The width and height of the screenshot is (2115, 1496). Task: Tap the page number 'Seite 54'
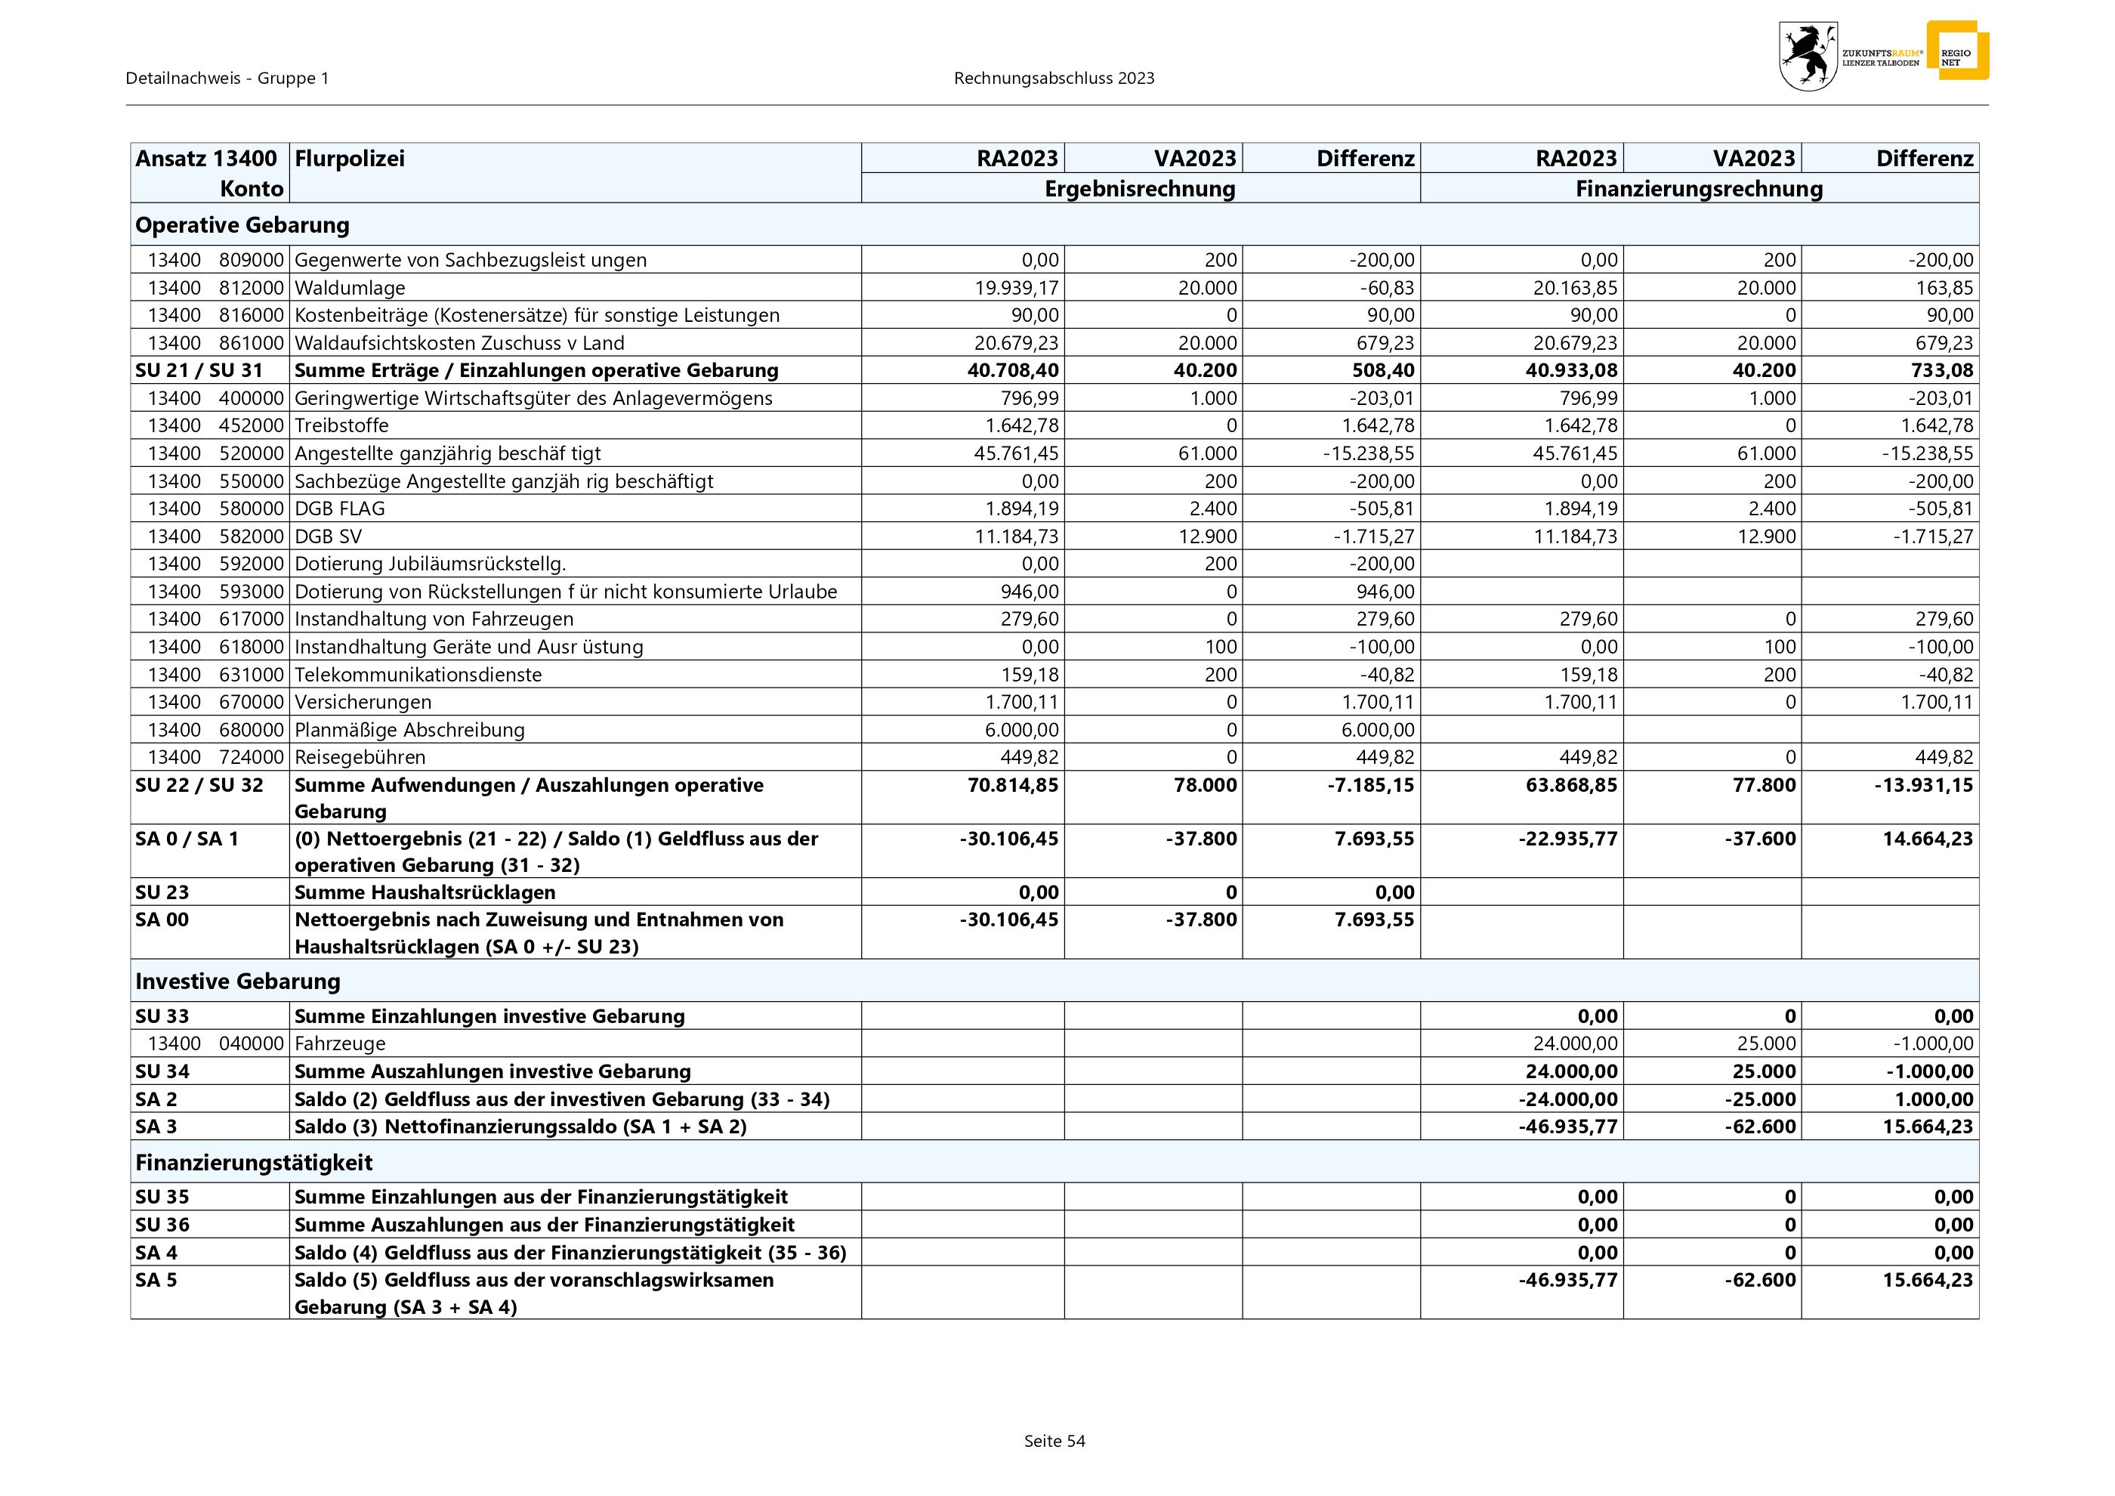click(x=1054, y=1441)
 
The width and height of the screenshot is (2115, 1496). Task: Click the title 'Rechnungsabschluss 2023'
click(x=1054, y=79)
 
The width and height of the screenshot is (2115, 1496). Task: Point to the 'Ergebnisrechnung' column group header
click(x=1140, y=189)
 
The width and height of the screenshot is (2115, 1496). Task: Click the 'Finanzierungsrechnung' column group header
click(x=1699, y=189)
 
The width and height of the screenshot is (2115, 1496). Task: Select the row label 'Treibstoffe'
click(x=341, y=425)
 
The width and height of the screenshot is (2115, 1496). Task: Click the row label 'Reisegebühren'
click(x=360, y=757)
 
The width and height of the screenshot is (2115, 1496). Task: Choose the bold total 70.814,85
click(x=1011, y=785)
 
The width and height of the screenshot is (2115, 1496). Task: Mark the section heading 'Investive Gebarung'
click(x=238, y=981)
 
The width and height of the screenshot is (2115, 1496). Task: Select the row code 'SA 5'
click(x=156, y=1281)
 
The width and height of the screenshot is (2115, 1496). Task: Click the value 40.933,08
click(x=1568, y=370)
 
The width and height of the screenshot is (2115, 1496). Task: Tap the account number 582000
click(x=251, y=536)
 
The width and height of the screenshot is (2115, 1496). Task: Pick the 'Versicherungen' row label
click(x=363, y=702)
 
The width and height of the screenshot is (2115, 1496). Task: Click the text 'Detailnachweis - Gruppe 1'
click(x=227, y=79)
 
